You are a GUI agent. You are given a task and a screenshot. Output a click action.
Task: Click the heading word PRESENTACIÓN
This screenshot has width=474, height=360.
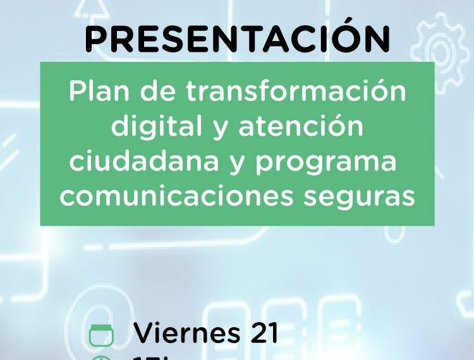237,39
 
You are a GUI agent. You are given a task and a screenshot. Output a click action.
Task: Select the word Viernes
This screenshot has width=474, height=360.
187,333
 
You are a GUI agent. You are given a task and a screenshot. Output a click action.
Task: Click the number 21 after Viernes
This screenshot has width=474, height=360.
264,333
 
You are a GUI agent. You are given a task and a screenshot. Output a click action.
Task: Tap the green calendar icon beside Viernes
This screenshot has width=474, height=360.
101,335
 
